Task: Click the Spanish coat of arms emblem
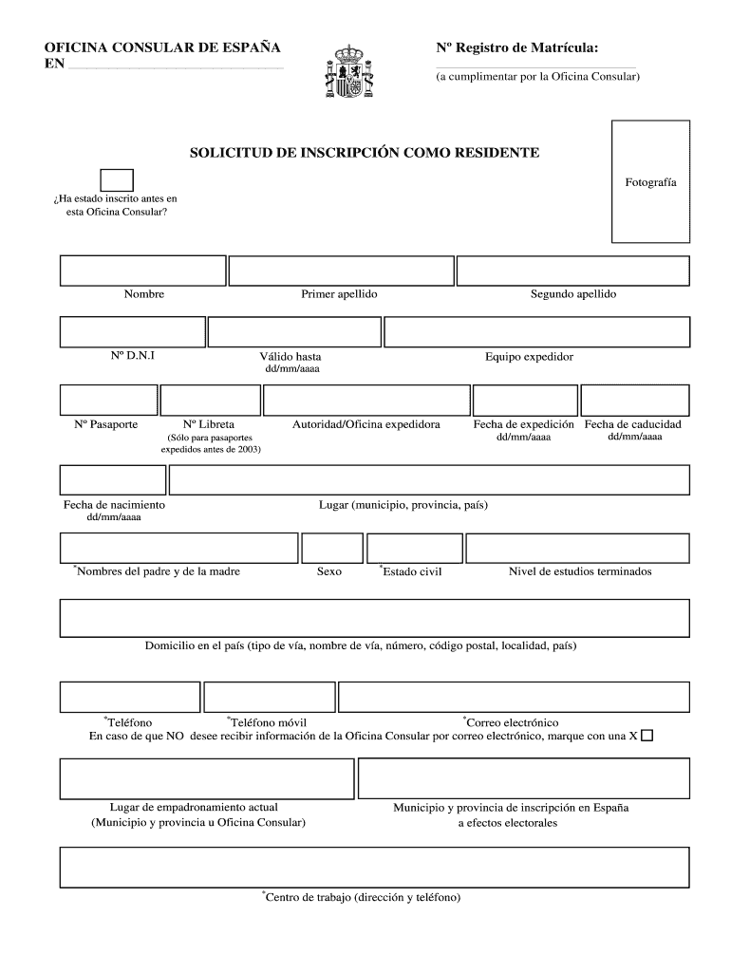point(348,72)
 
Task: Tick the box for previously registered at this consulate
point(117,179)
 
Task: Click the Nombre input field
point(143,271)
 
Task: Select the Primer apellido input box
point(340,271)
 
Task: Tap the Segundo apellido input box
point(572,271)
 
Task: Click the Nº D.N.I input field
point(132,332)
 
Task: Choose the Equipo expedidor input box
point(536,332)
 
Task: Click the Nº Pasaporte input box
point(108,400)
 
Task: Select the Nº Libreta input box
point(209,400)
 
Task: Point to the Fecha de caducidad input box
point(634,400)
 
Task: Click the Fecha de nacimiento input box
point(113,480)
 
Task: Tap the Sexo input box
point(331,548)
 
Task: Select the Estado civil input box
point(414,548)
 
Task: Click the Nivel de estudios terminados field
point(577,548)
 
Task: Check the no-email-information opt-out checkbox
point(647,736)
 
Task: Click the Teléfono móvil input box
point(268,697)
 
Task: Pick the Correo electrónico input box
point(514,697)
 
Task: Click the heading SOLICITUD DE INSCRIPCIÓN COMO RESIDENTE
point(365,152)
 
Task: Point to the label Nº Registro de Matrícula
point(516,47)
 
